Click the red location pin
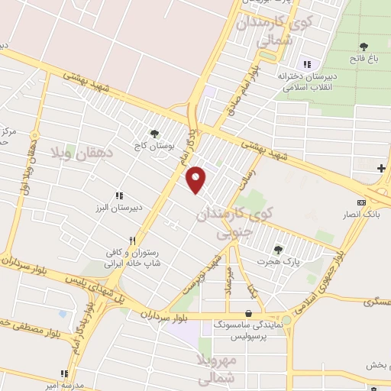coord(196,179)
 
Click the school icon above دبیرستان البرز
coord(119,195)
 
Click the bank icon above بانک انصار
coord(360,202)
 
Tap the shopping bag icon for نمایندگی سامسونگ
coord(249,312)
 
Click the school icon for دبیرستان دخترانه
coord(307,64)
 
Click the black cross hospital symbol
coord(381,168)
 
